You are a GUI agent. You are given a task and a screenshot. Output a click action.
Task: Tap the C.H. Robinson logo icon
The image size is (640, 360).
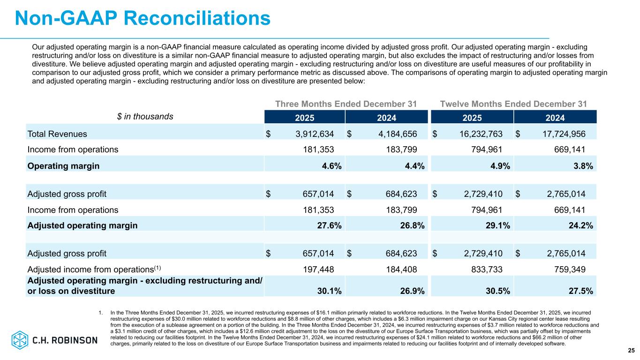point(20,339)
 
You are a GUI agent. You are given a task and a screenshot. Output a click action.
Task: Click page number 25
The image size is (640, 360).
point(631,350)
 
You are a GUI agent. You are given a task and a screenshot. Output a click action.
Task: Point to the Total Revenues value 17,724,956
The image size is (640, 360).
point(561,134)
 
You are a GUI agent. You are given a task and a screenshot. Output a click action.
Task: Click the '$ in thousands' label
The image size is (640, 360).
point(145,116)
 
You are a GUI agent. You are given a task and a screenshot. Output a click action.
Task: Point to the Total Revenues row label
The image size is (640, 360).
point(57,134)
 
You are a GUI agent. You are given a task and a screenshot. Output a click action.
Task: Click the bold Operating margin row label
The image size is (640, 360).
point(63,165)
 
